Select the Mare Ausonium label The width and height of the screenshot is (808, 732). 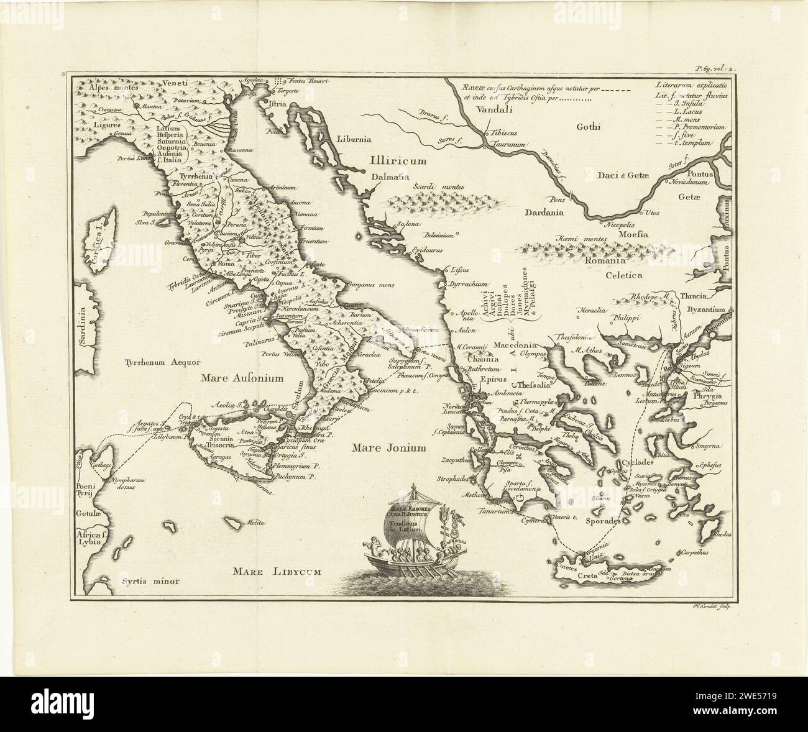(x=242, y=377)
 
